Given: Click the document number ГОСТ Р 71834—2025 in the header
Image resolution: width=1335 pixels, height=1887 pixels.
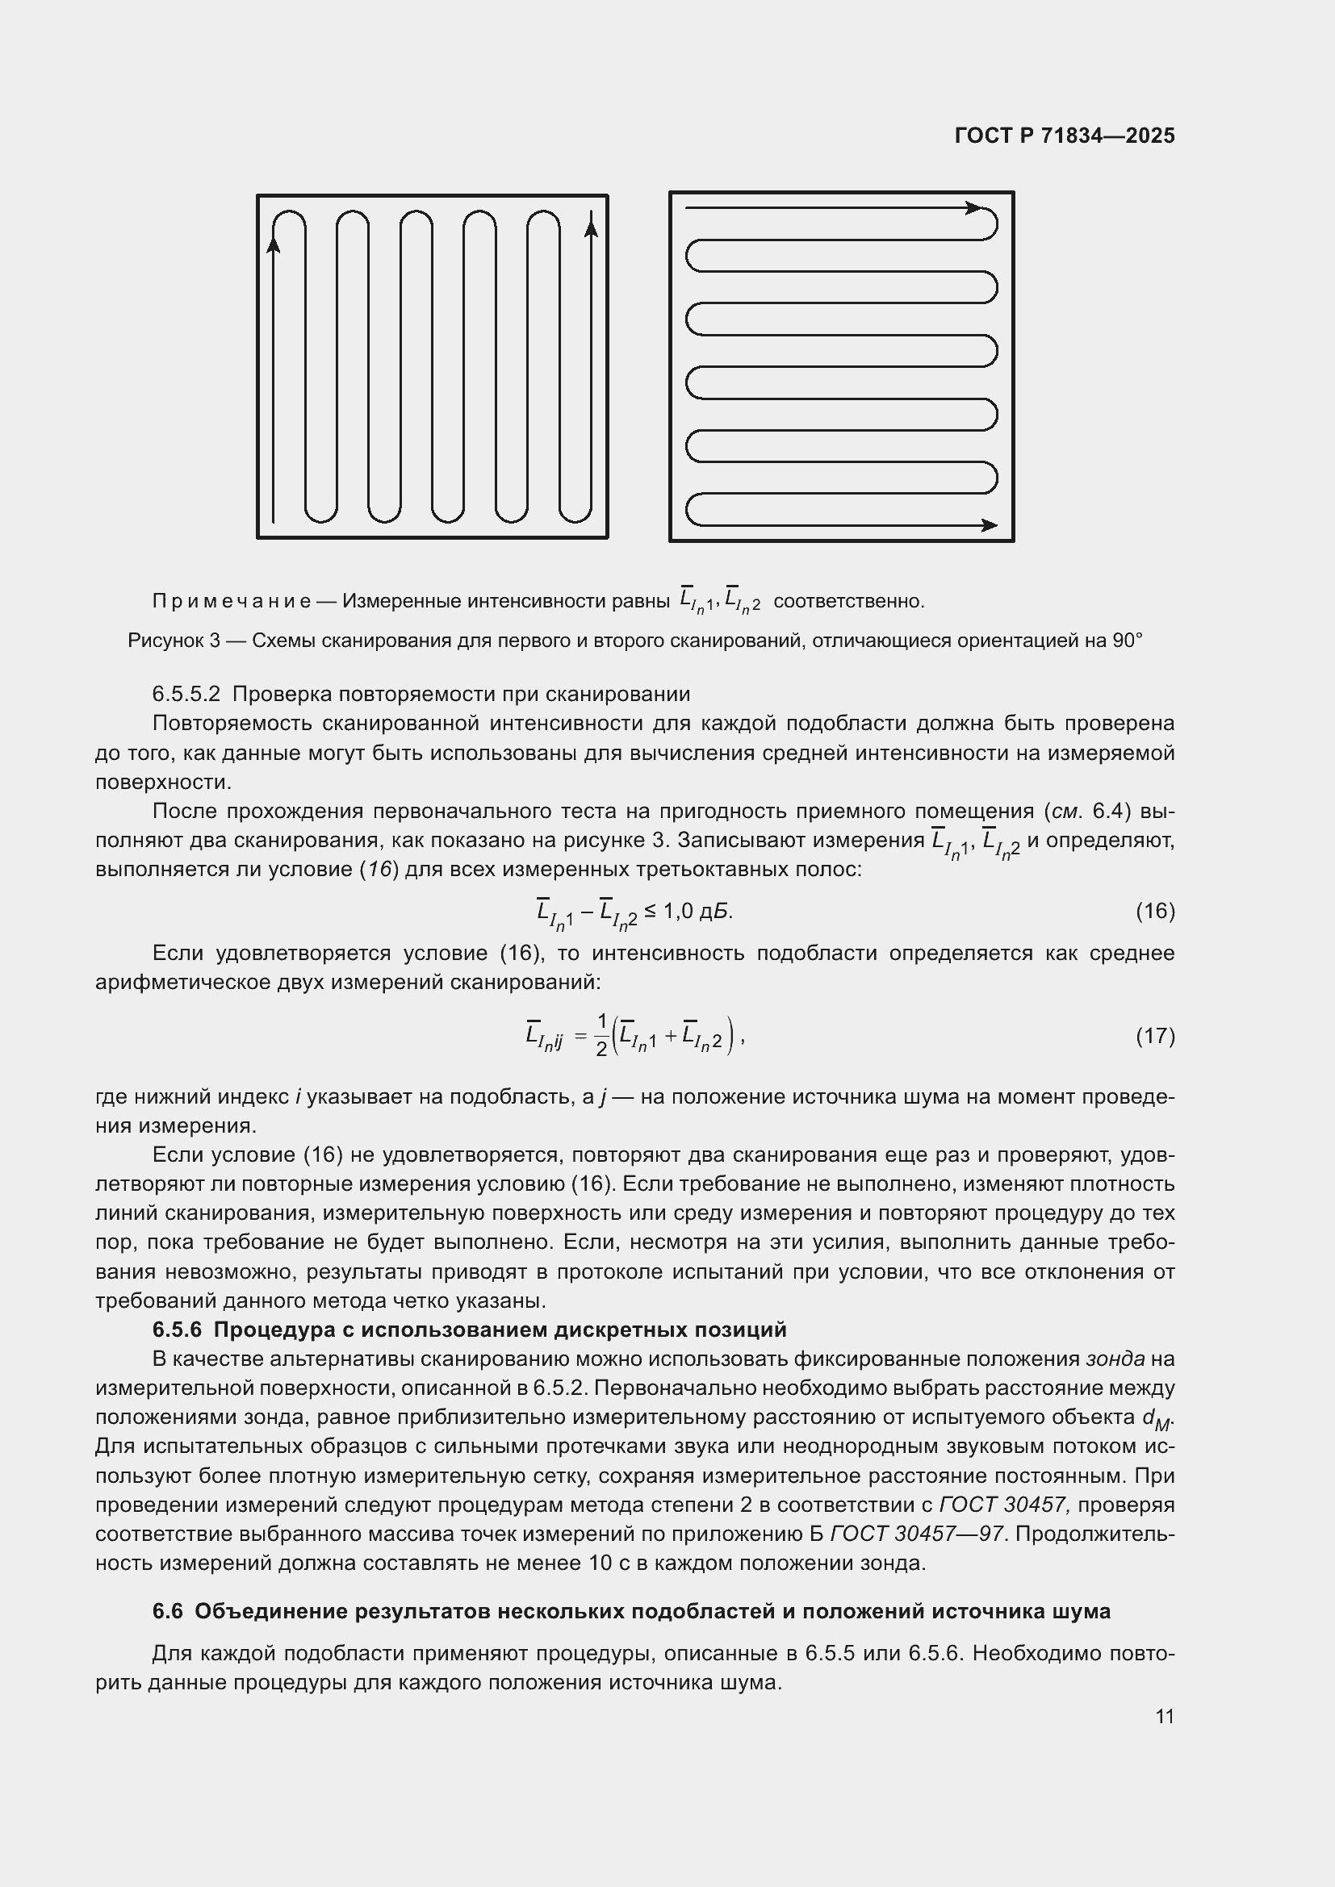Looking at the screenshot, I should point(1065,136).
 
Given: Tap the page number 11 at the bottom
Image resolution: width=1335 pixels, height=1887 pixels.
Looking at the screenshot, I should point(1164,1716).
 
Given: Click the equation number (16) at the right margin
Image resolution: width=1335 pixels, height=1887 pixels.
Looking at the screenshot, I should point(1155,911).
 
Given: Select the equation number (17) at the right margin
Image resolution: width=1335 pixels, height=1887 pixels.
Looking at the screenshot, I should point(1155,1036).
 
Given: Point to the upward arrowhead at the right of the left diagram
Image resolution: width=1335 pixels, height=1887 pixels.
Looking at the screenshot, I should point(590,223).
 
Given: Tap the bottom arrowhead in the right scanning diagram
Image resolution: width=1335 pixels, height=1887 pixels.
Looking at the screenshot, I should point(990,525).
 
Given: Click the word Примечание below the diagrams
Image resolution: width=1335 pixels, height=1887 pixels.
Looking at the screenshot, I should point(231,602).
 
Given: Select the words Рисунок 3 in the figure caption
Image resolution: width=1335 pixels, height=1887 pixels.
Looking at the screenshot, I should point(174,641).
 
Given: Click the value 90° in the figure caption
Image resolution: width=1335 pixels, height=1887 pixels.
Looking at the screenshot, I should point(1127,641).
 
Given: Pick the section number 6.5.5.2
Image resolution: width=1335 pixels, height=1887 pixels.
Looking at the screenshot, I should point(186,695).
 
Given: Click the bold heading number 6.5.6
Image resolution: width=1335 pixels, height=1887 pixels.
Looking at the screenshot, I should point(177,1330).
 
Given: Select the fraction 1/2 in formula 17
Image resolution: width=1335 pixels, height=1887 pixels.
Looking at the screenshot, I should point(601,1036).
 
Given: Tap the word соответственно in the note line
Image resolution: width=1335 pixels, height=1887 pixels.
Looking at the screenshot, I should point(848,602).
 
